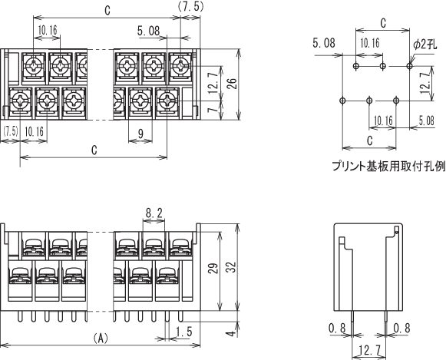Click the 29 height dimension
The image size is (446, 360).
tap(214, 268)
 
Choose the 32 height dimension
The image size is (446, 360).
tap(231, 268)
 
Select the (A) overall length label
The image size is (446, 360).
tap(101, 338)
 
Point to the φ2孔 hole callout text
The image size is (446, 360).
tap(425, 45)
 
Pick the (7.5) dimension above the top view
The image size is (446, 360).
tap(190, 6)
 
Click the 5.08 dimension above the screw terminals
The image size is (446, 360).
tap(149, 31)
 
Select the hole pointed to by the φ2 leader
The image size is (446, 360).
tap(409, 66)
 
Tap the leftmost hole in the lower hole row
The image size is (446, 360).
tap(342, 100)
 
